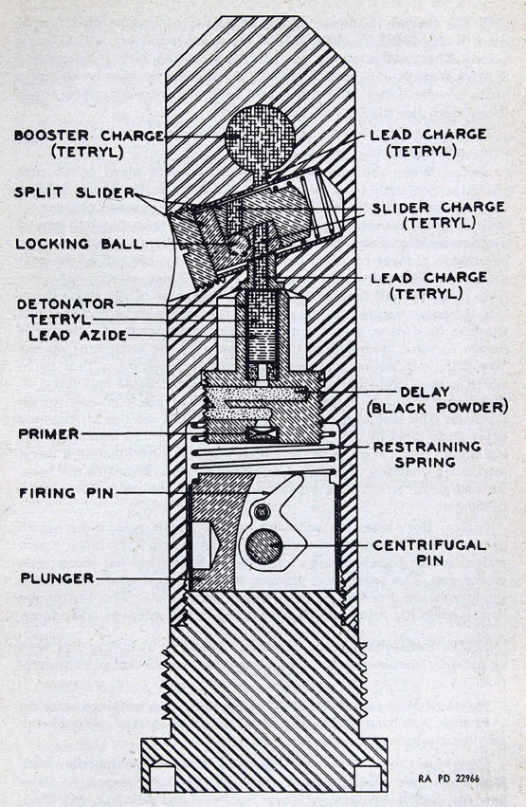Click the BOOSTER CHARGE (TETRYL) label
tap(88, 144)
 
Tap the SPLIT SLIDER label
tap(74, 193)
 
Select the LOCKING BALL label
tap(79, 244)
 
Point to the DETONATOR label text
tap(65, 303)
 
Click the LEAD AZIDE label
tap(78, 336)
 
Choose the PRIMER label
tap(49, 434)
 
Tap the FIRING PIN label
tap(66, 493)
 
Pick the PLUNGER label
tap(58, 578)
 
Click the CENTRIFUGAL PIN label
tap(430, 553)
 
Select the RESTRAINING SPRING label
tap(427, 454)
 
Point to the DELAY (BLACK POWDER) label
tap(438, 400)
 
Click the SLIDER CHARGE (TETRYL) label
tap(439, 215)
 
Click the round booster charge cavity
tap(261, 138)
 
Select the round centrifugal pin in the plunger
tap(263, 546)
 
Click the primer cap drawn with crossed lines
tap(263, 435)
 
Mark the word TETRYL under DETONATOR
tap(60, 320)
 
